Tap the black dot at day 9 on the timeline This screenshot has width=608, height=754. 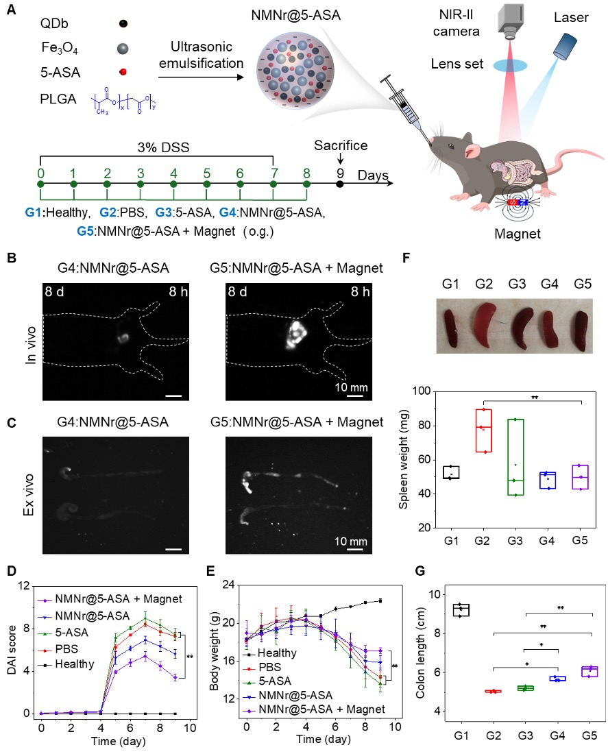click(340, 184)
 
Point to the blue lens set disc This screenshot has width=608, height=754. click(511, 65)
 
